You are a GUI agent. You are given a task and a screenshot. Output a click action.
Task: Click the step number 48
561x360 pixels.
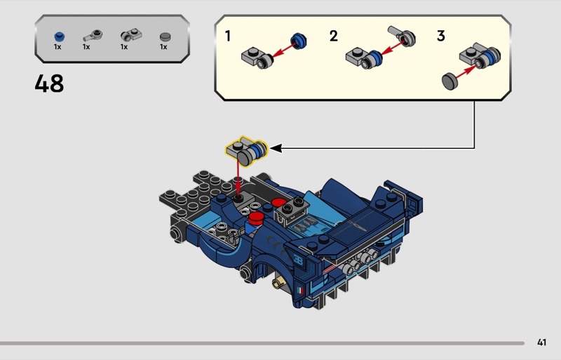49,84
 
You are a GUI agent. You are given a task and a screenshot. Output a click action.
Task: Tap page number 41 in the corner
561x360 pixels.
541,342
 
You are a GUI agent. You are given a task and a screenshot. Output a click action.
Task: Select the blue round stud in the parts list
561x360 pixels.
60,36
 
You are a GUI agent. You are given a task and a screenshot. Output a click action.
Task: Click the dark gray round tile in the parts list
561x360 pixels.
165,36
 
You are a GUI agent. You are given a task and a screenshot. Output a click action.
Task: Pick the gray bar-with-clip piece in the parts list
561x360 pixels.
93,36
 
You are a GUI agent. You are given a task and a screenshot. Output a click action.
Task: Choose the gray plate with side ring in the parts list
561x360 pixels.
131,35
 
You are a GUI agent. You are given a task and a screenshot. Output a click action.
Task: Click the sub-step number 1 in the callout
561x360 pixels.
228,36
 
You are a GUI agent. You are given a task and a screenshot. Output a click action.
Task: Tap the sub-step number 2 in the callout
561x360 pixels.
334,36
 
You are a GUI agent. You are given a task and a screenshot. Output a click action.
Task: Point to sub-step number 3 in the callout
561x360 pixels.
441,36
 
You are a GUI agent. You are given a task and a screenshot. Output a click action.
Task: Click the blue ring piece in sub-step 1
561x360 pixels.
299,41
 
